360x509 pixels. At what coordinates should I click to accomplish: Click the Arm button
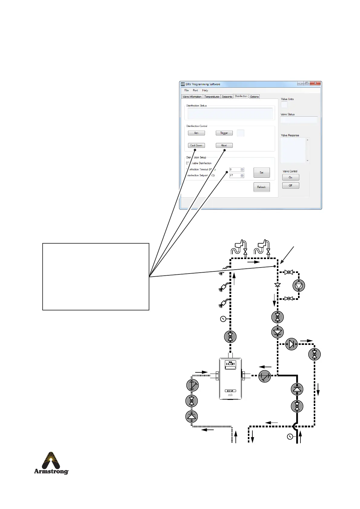click(196, 133)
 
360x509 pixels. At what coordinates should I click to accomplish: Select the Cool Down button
click(196, 145)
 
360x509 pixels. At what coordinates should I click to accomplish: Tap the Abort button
click(224, 145)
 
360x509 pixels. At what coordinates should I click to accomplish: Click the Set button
click(261, 173)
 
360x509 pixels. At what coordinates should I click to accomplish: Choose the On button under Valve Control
click(290, 177)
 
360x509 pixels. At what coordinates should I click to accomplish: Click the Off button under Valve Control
click(290, 185)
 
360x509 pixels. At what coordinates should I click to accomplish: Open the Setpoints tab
click(227, 97)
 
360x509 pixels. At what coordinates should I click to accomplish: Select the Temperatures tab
click(212, 97)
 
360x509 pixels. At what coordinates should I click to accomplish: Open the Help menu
click(205, 90)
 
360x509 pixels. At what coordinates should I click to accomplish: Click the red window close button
click(315, 84)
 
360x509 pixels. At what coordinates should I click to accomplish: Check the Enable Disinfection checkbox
click(188, 163)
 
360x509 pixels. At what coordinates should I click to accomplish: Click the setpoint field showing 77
click(235, 175)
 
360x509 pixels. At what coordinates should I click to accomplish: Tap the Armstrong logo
click(51, 463)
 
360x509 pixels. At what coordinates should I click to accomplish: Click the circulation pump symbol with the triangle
click(299, 285)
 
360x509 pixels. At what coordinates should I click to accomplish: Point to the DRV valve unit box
click(230, 378)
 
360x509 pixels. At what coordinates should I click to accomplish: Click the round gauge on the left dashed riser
click(223, 319)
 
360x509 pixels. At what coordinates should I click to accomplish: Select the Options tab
click(254, 97)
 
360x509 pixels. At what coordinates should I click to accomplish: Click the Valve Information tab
click(192, 97)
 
